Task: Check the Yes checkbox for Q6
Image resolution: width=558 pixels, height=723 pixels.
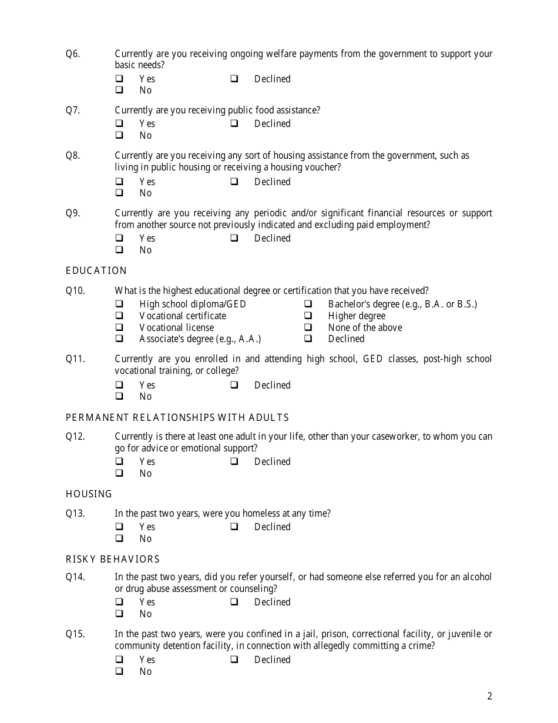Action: point(119,79)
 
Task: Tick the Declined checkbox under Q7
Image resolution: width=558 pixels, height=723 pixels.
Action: point(234,123)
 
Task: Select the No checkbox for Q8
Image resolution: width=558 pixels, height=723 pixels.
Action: point(119,193)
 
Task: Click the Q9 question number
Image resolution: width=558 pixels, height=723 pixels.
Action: point(73,213)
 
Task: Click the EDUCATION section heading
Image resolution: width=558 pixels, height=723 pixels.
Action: point(96,270)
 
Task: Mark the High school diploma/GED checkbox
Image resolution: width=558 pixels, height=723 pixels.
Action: point(119,304)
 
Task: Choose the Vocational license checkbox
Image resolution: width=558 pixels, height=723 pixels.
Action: point(119,327)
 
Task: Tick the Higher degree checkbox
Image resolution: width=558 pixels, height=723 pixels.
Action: point(308,316)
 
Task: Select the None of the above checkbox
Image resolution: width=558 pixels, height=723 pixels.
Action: point(308,327)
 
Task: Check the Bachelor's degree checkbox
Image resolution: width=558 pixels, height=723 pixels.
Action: point(308,304)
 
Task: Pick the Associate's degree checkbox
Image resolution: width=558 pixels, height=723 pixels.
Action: point(119,339)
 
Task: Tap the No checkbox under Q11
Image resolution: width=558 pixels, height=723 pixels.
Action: point(119,396)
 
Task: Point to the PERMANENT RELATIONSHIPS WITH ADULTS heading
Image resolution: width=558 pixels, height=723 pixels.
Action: point(177,417)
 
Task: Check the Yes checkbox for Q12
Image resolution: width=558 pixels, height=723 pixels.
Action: point(119,461)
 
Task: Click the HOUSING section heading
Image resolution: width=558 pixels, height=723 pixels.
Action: point(89,494)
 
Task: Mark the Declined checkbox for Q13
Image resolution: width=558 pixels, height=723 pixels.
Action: point(234,527)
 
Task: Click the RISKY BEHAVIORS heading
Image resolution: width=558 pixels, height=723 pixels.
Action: point(113,559)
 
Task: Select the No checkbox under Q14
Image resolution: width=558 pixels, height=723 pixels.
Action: point(119,614)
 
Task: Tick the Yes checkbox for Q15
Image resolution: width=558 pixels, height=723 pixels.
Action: point(119,660)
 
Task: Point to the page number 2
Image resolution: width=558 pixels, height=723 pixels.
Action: point(490,697)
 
